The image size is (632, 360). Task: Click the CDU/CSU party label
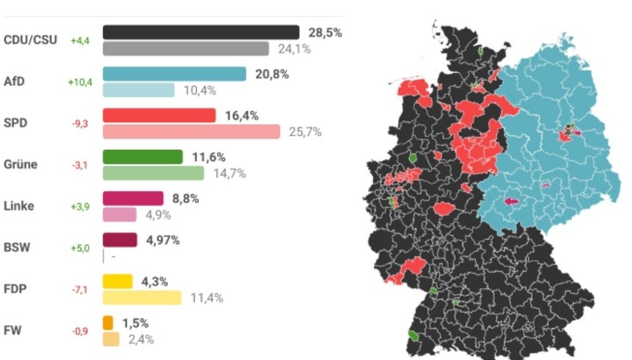[30, 40]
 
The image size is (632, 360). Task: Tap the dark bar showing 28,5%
[201, 32]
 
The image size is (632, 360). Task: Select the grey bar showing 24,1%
[186, 49]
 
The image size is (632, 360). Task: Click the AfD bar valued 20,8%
[174, 74]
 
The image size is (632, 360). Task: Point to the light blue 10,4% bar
[139, 90]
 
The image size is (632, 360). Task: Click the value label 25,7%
[305, 132]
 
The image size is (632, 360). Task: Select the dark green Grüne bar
[143, 157]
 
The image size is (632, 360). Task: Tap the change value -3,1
[80, 166]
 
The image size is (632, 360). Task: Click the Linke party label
[19, 206]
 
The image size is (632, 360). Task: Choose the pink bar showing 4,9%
[119, 215]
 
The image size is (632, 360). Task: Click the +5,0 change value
[80, 248]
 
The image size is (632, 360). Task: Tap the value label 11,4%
[207, 298]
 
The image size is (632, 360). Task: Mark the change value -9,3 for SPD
[80, 124]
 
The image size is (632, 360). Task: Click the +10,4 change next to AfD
[80, 83]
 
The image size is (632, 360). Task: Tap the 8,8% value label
[186, 198]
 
